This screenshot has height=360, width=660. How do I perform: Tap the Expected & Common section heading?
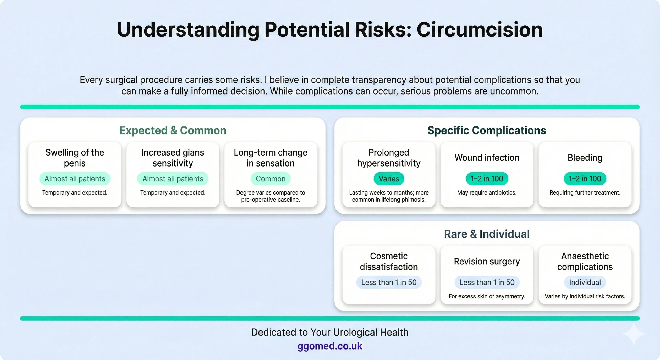[x=173, y=130]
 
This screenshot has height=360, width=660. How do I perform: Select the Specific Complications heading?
[x=487, y=130]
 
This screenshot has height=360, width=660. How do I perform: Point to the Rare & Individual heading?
[x=487, y=234]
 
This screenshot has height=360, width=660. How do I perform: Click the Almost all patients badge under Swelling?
[x=75, y=179]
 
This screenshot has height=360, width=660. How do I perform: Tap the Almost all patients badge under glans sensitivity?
[x=173, y=179]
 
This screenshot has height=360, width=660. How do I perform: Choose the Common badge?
[x=271, y=179]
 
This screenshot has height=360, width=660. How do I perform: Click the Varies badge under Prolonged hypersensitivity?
[x=389, y=179]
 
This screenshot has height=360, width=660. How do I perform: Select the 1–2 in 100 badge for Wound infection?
[x=487, y=179]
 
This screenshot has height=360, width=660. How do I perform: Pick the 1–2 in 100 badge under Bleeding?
[x=585, y=179]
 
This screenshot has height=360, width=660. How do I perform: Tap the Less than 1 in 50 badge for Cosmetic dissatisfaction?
[x=389, y=282]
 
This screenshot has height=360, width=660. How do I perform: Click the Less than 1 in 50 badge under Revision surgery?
[x=487, y=282]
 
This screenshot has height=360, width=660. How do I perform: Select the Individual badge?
[x=585, y=282]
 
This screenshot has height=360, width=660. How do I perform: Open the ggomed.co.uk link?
[x=330, y=346]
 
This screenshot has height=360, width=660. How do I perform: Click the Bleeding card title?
[x=585, y=158]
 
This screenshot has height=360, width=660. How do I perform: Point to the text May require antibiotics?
[x=487, y=193]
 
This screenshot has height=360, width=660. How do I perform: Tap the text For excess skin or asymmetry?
[x=487, y=296]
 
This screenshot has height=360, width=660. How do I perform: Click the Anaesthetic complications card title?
[x=585, y=261]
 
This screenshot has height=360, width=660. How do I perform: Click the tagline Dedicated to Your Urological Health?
[x=330, y=332]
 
